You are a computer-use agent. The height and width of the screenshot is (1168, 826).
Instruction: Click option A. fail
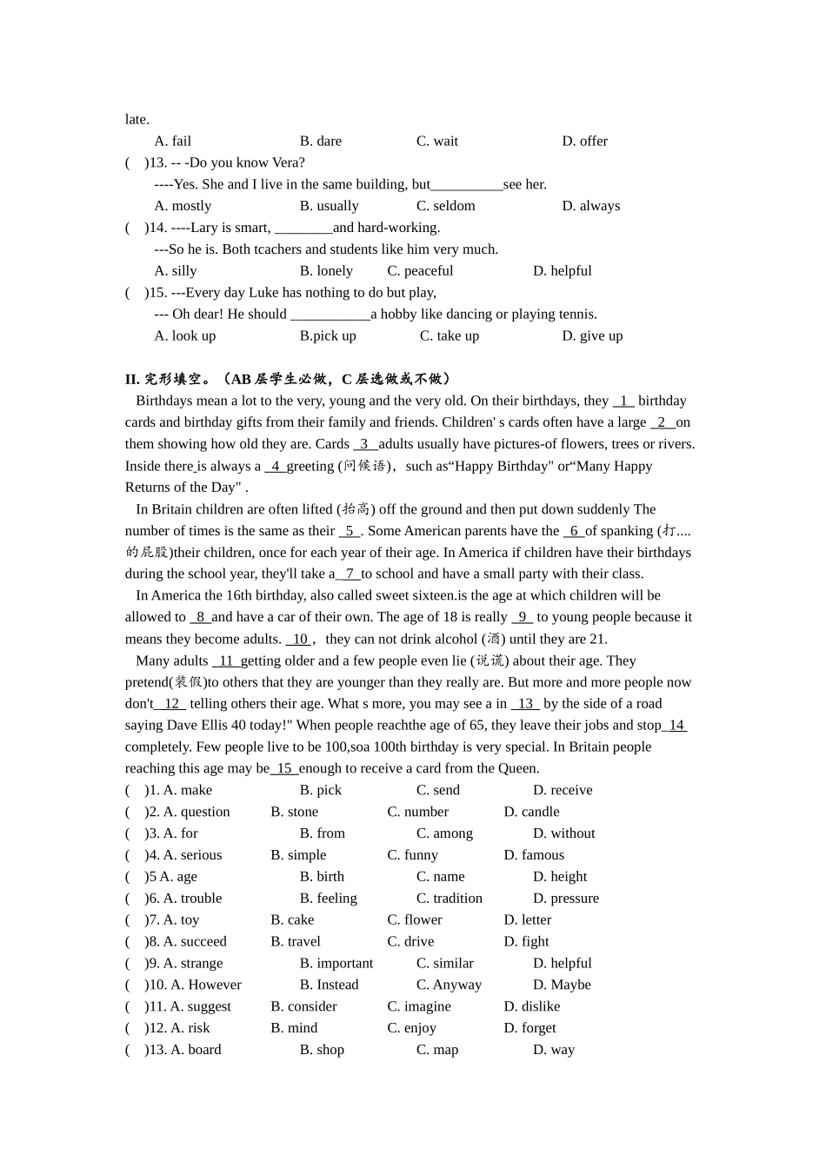[x=172, y=141]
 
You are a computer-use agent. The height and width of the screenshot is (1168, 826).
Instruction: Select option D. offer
[x=584, y=141]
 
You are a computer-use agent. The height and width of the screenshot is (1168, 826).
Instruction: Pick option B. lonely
[x=326, y=271]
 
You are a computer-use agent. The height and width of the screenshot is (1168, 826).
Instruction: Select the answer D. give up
[x=592, y=336]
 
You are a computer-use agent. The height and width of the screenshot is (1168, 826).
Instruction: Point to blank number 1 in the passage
[x=623, y=401]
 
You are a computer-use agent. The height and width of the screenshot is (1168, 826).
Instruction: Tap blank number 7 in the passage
[x=348, y=574]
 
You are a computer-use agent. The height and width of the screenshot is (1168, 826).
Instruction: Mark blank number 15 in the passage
[x=284, y=768]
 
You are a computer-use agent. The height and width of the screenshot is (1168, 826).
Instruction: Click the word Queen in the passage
[x=519, y=768]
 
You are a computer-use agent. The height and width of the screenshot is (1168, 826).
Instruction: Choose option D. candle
[x=531, y=812]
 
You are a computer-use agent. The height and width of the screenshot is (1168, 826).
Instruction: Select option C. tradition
[x=449, y=899]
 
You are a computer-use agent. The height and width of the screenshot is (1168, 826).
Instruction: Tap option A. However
[x=205, y=985]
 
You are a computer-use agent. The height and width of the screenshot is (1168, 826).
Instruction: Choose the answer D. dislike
[x=531, y=1006]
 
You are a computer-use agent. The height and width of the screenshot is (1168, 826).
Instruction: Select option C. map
[x=436, y=1050]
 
